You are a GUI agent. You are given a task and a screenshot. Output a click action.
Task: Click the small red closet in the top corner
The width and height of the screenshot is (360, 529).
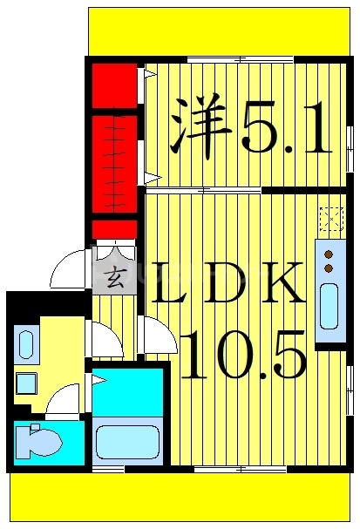[x=113, y=85]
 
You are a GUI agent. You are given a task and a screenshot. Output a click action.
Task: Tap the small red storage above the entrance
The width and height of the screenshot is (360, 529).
[x=114, y=229]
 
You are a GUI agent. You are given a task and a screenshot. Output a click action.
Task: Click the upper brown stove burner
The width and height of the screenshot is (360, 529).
[x=329, y=254]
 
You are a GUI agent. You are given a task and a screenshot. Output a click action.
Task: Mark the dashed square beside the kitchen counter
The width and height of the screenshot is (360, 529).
[x=331, y=218]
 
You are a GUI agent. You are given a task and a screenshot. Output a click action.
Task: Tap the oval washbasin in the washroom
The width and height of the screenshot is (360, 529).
[x=24, y=344]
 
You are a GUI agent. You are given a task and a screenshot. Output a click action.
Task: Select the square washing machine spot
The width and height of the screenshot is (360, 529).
[x=25, y=383]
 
